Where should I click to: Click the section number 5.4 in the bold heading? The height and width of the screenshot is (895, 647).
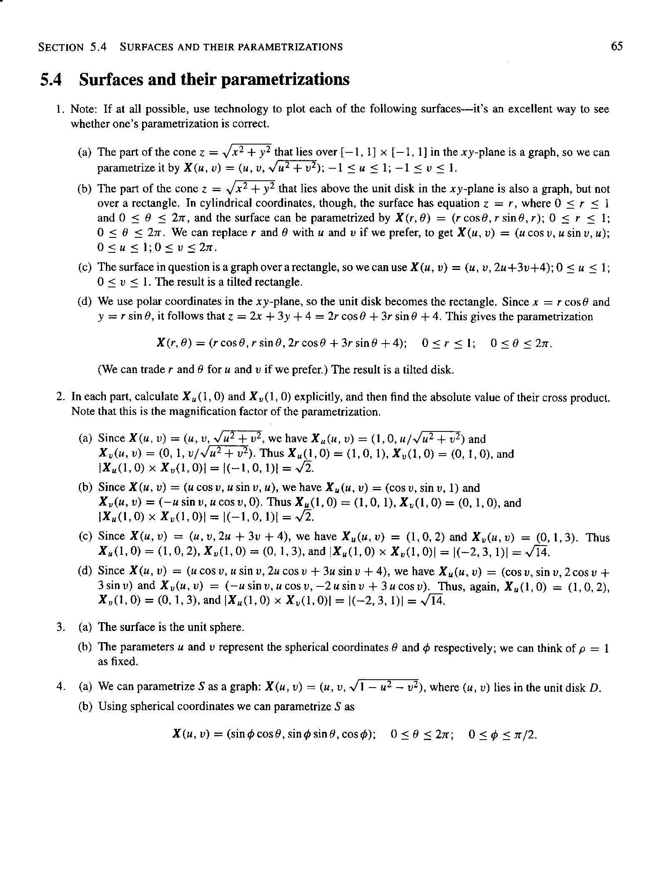click(x=51, y=80)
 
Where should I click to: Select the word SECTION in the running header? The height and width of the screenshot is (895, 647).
click(x=61, y=47)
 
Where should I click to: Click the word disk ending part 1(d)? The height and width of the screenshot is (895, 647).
click(x=443, y=369)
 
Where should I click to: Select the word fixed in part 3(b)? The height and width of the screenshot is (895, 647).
click(x=125, y=661)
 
